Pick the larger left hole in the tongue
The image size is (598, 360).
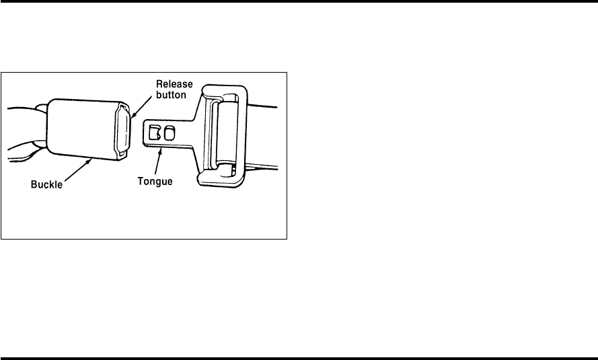click(155, 134)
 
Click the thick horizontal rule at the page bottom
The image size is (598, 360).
click(299, 357)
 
